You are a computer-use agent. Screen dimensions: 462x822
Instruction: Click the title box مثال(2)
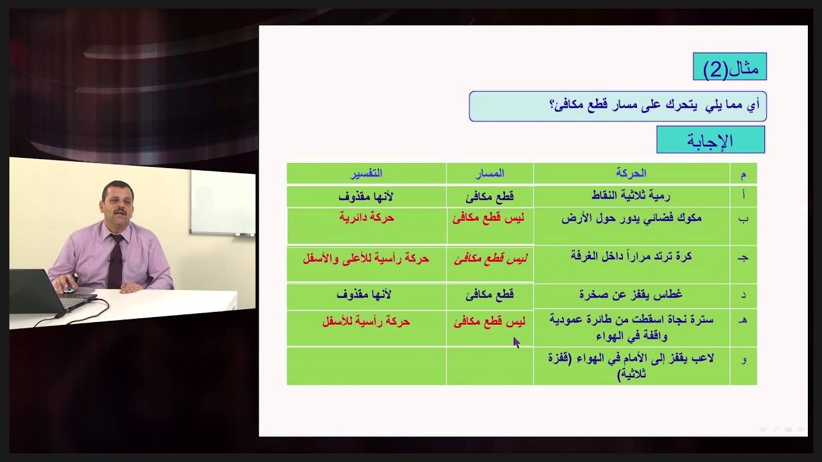point(730,67)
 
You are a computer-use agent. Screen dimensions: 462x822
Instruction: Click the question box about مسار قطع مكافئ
point(618,106)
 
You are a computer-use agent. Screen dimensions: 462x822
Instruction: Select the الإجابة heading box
point(710,140)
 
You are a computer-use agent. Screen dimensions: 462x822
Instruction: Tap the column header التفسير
point(366,173)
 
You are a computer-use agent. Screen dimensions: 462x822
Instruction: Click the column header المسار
point(489,173)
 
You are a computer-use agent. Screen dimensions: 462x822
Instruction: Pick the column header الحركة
point(631,173)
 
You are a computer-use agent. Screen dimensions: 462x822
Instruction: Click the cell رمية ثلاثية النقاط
point(631,196)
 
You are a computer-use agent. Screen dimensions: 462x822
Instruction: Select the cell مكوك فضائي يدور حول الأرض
point(631,218)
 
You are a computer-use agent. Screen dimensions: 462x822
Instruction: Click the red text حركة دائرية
point(366,218)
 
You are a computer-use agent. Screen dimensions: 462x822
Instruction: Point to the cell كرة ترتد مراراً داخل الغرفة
point(631,257)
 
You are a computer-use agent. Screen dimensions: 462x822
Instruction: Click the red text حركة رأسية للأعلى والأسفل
point(366,259)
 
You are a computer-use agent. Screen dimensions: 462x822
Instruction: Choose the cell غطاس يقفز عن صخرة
point(631,295)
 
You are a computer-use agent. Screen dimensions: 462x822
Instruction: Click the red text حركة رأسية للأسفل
point(366,321)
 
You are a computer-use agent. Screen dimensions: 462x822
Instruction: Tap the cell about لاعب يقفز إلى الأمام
point(631,366)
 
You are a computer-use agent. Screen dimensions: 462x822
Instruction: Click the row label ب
point(744,219)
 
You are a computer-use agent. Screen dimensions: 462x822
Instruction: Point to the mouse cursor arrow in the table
point(516,342)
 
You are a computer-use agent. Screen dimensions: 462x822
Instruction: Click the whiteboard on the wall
point(222,202)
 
